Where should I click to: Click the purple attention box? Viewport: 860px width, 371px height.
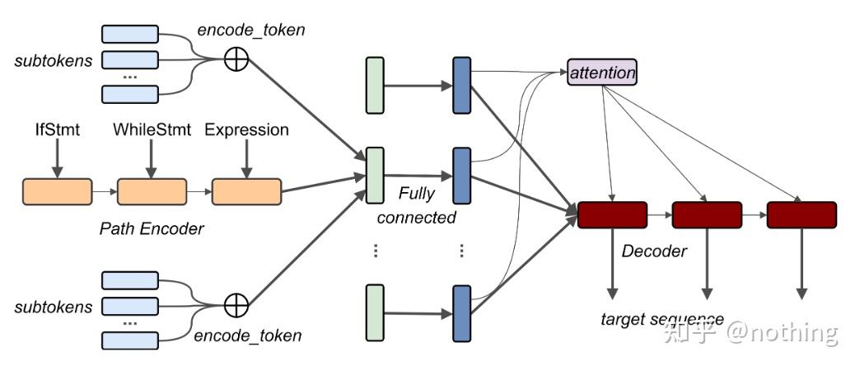602,73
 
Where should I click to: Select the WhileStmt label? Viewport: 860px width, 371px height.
152,129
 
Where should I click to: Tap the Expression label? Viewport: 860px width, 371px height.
246,129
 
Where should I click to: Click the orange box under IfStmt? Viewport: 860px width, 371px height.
57,191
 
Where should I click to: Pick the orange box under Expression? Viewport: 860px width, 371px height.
246,191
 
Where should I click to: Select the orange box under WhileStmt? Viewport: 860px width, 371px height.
152,191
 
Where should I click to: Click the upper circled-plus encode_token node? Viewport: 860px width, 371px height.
236,59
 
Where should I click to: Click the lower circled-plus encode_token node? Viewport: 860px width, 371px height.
236,305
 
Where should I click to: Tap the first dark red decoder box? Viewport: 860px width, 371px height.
612,215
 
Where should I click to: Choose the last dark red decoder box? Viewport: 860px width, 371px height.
801,215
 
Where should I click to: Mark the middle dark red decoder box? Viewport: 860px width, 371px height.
707,215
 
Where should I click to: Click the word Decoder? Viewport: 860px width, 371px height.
654,251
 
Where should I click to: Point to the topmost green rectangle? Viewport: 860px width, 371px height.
375,85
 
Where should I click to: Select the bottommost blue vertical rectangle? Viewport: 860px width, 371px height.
461,312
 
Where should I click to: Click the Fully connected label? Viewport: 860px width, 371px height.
416,206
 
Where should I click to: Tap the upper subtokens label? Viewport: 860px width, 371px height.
53,61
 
